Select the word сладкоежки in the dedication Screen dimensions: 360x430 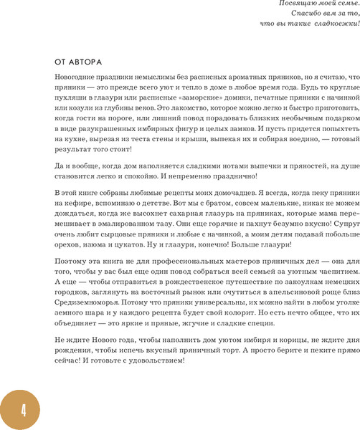click(329, 24)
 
